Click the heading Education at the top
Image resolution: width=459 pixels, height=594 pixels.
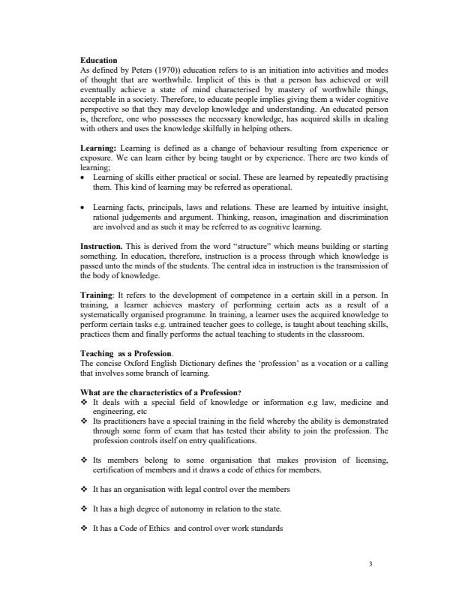(x=99, y=60)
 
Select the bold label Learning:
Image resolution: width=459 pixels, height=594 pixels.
(x=98, y=150)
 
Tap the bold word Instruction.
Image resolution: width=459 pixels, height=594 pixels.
(x=101, y=245)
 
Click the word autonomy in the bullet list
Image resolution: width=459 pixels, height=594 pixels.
(x=165, y=508)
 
